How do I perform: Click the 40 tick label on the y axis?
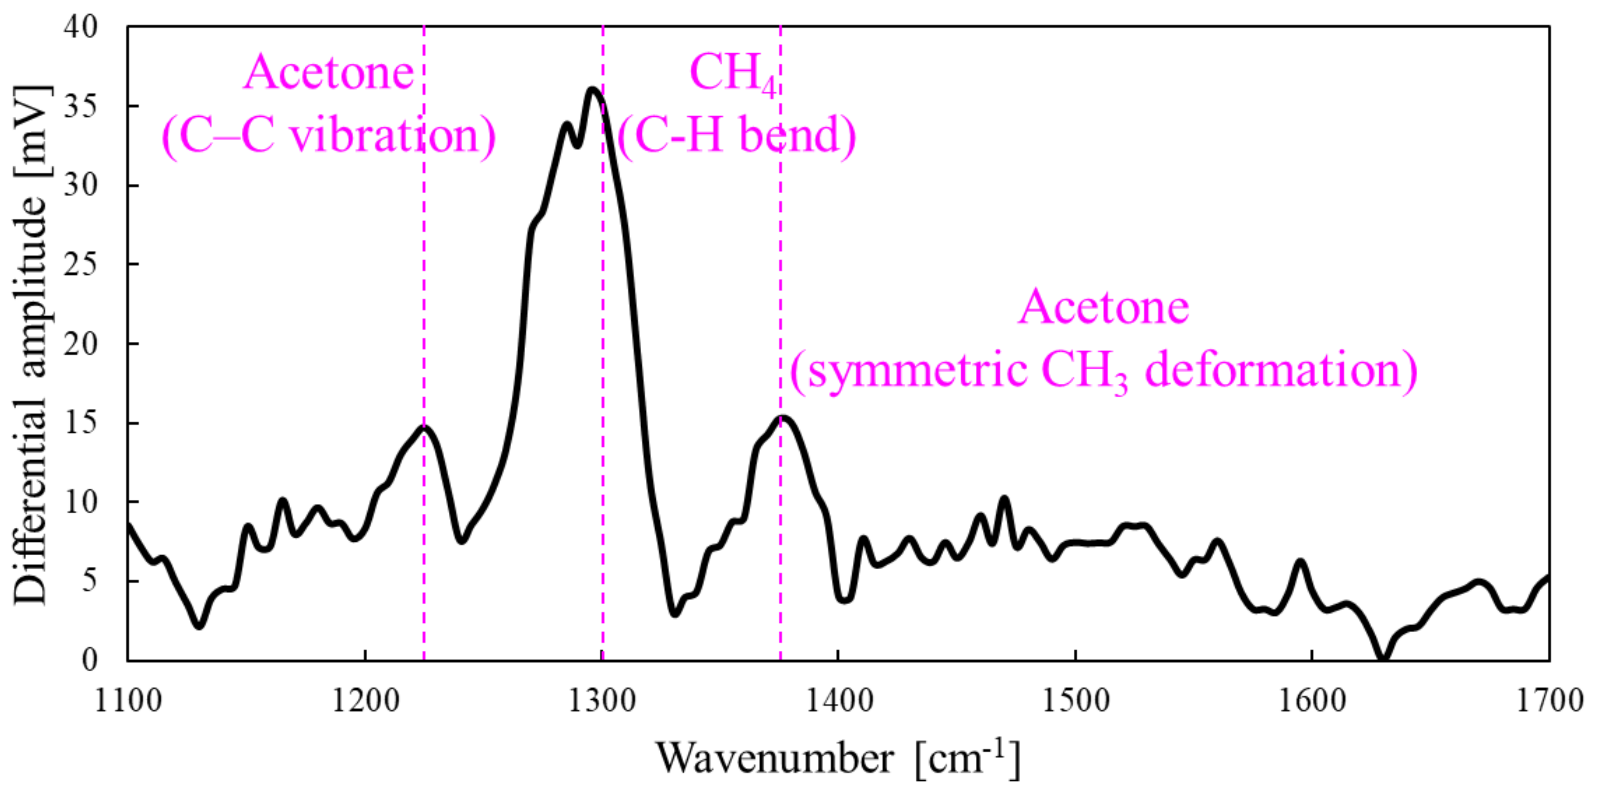click(x=81, y=27)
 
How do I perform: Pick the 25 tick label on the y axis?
click(x=81, y=265)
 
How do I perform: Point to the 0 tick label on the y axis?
click(x=89, y=660)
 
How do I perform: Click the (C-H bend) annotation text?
click(x=736, y=136)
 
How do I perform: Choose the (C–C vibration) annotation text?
click(x=329, y=136)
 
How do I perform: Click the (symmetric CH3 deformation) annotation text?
click(x=1104, y=370)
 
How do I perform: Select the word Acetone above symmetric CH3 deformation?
click(x=1104, y=308)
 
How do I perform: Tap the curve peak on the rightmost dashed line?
click(x=782, y=417)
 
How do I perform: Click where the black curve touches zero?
click(x=1383, y=659)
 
